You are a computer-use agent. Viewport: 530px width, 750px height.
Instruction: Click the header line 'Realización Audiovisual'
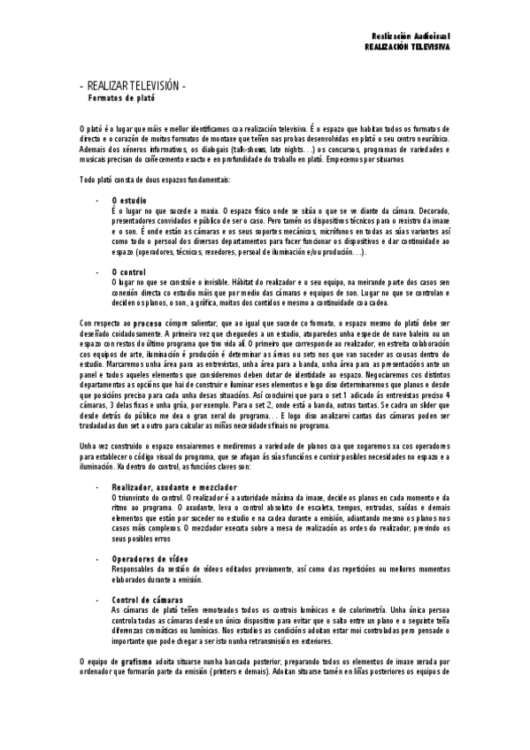click(411, 34)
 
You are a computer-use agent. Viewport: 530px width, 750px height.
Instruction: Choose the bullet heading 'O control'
click(129, 271)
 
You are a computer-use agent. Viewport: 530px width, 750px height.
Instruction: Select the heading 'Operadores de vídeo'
click(150, 559)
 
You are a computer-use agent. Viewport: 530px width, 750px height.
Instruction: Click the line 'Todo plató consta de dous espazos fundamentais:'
click(155, 180)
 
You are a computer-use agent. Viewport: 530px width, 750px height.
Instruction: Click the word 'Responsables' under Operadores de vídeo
click(133, 570)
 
